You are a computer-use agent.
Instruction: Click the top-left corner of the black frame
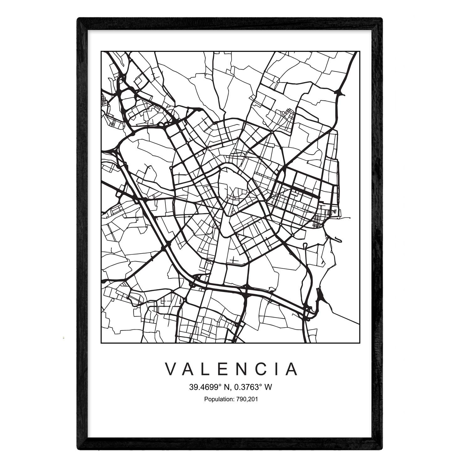coord(79,19)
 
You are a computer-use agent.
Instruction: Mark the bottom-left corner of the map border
coord(101,342)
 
